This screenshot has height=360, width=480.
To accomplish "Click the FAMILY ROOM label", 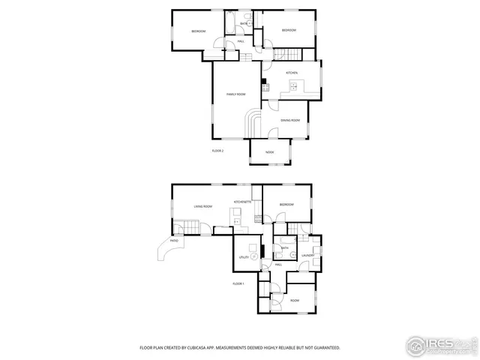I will coord(236,94).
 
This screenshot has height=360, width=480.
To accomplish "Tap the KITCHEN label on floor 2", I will coord(291,73).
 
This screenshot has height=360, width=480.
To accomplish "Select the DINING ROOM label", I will coord(290,120).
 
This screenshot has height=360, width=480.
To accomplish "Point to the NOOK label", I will coord(270,152).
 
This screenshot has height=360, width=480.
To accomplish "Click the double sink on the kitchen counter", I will coord(294,87).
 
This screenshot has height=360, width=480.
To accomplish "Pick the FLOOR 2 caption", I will coord(217,151).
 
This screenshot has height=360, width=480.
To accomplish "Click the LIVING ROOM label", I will coord(202,206).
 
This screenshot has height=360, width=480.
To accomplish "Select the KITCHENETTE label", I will coord(241,202).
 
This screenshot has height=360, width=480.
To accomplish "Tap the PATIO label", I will coord(174,241).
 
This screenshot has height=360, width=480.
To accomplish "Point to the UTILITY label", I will coord(243,257).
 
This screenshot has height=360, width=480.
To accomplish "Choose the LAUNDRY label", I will coord(307,256).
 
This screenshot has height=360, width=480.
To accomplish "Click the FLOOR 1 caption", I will coord(238,283).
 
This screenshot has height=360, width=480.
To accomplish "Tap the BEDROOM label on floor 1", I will coord(286,204).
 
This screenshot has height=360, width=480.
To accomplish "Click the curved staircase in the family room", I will coord(253,121).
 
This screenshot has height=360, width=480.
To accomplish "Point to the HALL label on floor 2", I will coord(241,41).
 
